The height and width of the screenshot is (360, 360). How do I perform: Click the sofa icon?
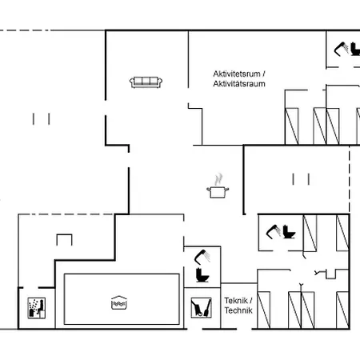[146, 82]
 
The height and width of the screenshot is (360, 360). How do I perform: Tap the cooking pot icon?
[218, 192]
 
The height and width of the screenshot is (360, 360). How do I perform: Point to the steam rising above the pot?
[218, 179]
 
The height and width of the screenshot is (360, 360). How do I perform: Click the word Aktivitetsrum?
[237, 74]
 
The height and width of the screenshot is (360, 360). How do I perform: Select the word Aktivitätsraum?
[239, 84]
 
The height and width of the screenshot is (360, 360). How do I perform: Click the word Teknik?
[236, 301]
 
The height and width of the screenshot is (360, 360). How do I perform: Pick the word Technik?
[238, 310]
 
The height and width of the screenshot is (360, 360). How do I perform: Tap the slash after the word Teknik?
[251, 301]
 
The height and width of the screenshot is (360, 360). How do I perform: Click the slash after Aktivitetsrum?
[264, 74]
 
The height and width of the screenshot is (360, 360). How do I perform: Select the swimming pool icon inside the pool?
[119, 302]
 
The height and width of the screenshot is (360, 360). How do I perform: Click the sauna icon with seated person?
[37, 308]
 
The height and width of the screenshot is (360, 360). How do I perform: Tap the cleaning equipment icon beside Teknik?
[202, 308]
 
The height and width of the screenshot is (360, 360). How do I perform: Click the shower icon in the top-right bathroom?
[341, 49]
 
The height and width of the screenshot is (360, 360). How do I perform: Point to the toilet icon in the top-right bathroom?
[355, 49]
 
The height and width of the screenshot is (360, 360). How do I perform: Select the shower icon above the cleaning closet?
[202, 257]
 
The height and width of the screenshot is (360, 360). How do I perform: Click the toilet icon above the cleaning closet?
[202, 275]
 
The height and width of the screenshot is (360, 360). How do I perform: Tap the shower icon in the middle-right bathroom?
[274, 232]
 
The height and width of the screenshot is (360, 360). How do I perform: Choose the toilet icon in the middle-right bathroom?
[289, 232]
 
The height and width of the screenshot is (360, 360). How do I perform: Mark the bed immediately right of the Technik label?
[264, 310]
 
